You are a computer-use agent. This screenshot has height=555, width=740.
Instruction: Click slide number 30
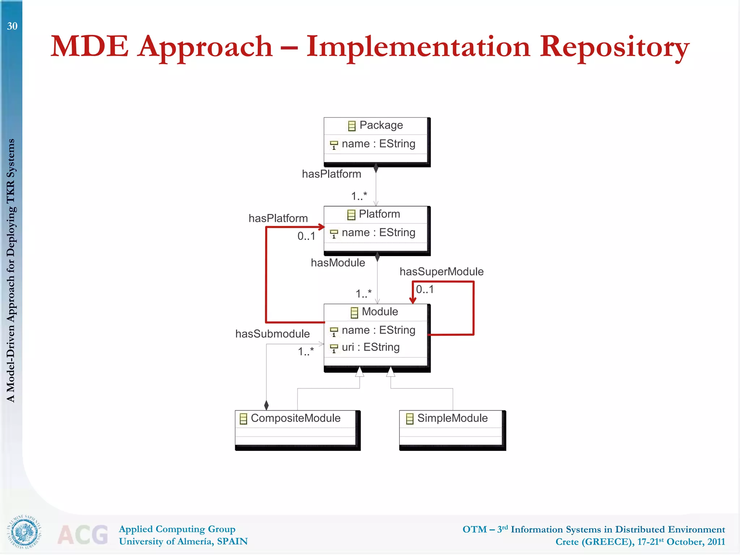pos(12,26)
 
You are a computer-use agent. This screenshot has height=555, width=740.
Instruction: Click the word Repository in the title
pos(614,47)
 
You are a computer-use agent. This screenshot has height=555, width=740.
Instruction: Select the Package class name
pos(381,125)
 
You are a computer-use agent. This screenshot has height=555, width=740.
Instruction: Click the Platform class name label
pos(379,214)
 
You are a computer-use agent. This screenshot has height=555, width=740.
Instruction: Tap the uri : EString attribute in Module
pos(370,347)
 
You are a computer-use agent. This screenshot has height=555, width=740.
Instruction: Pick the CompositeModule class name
pos(295,418)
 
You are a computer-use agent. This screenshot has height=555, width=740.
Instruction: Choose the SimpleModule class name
pos(452,418)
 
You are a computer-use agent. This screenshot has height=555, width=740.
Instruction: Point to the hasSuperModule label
pos(441,271)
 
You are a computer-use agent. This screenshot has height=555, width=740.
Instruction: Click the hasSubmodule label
pos(272,334)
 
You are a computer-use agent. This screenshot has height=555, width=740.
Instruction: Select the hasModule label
pos(338,263)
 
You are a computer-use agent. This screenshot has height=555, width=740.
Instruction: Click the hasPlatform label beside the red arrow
pos(278,218)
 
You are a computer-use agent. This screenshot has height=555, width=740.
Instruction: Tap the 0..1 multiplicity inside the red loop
pos(425,289)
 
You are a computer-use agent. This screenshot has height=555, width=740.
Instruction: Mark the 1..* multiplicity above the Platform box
pos(359,196)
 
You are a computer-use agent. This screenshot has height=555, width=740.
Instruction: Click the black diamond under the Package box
pos(376,168)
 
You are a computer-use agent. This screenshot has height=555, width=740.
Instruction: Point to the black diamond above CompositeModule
pos(266,405)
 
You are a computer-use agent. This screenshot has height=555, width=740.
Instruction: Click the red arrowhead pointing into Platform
pos(322,227)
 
